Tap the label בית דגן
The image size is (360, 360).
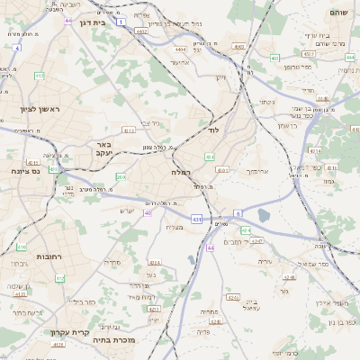coord(93,22)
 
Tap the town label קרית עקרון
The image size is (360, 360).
coord(69,332)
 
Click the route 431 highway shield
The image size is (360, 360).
coord(196,219)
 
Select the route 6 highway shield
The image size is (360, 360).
coord(238,212)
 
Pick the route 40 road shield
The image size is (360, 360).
coord(148,212)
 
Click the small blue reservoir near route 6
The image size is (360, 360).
coord(263,215)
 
